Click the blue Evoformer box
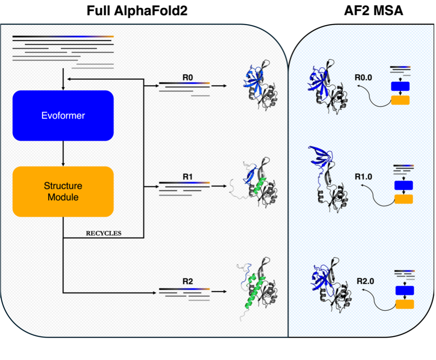pos(63,116)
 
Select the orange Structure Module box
pos(63,191)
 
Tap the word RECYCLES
pos(103,233)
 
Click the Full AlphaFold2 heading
pos(137,11)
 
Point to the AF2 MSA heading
pos(373,11)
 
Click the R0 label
pos(187,77)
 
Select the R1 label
pos(187,177)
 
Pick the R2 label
pos(187,281)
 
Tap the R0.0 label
pos(363,77)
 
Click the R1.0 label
pos(363,177)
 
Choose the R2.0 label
pos(363,281)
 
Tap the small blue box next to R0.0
pos(400,86)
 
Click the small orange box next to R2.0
pos(404,304)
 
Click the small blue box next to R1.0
pos(403,186)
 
